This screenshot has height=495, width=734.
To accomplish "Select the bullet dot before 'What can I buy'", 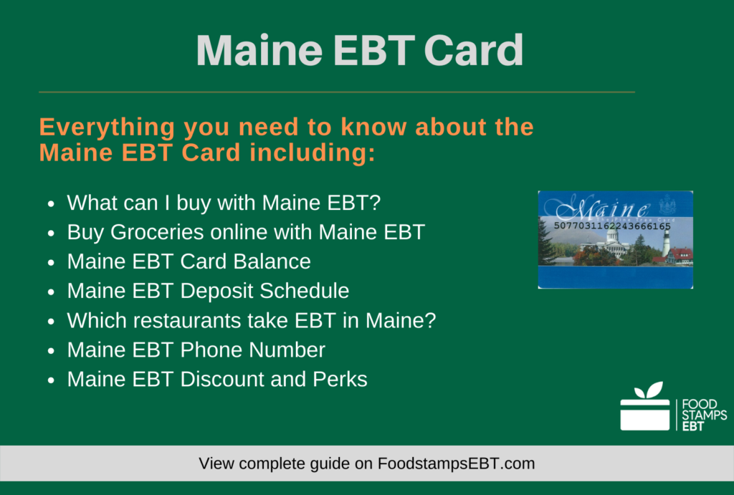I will point(51,204).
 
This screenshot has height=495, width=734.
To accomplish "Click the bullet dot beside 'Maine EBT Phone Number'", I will point(51,351).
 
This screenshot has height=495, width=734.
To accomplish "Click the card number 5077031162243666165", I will point(612,226).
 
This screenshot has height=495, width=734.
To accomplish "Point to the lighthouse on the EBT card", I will point(666,244).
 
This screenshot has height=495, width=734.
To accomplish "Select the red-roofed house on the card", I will point(680,255).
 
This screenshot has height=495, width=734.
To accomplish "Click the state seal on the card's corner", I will point(667,203).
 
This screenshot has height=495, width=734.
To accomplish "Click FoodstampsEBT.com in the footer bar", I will point(456,463).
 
